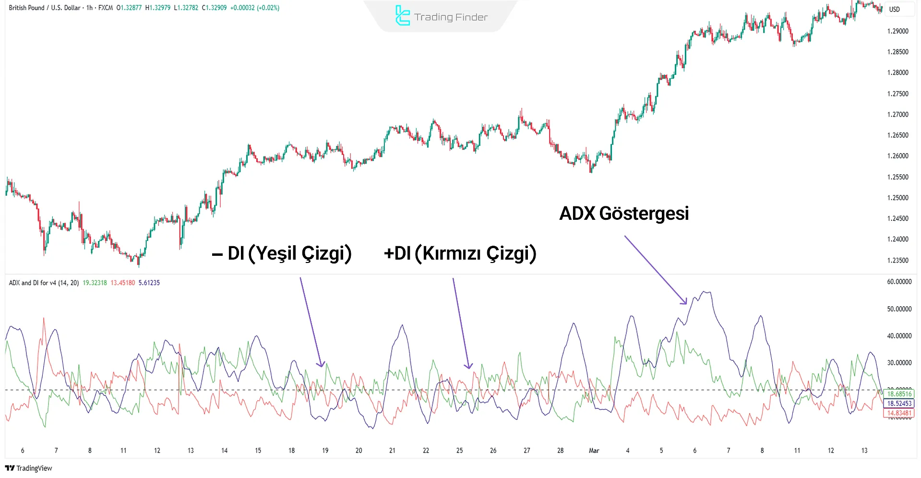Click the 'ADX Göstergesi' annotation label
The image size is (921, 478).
624,214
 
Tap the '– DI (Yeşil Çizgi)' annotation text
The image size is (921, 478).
282,253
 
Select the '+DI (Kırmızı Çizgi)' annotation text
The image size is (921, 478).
460,253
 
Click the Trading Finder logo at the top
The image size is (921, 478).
441,16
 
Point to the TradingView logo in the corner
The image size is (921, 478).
29,468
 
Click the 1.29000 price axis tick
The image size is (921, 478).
897,31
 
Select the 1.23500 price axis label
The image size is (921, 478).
897,260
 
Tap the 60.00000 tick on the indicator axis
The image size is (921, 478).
899,282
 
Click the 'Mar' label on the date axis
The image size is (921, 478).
594,450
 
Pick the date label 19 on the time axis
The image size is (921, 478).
325,450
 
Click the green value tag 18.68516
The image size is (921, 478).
899,394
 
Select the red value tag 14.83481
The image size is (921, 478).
899,413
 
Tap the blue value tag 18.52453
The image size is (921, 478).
899,404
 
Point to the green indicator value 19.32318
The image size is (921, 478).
95,283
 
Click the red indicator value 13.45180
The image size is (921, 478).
122,283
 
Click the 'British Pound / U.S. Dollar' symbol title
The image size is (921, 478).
45,8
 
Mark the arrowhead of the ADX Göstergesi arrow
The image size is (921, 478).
686,303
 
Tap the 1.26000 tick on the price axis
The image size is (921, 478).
897,156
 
